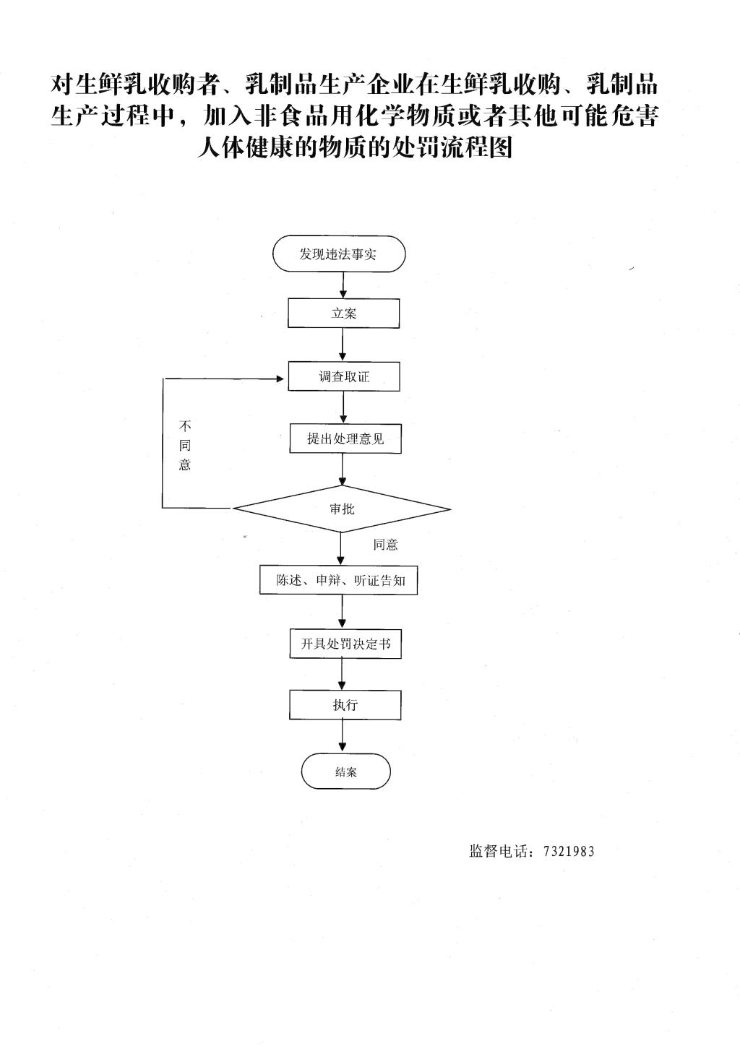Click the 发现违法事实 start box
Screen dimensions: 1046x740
pos(339,254)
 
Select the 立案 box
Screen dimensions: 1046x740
pos(343,314)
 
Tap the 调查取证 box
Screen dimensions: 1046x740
pos(344,376)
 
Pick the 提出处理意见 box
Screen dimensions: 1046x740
pos(345,438)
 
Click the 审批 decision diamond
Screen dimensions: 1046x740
pos(342,509)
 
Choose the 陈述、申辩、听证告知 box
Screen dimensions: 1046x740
pos(338,580)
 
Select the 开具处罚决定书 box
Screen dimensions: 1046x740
pos(345,644)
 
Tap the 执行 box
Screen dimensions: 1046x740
pos(345,705)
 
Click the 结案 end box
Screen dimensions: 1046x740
pos(345,771)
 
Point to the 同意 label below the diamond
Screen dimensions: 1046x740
pos(385,545)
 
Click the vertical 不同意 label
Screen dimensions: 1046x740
pos(185,445)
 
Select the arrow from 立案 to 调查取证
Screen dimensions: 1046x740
pos(343,345)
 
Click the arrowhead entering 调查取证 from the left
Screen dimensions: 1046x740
pos(283,379)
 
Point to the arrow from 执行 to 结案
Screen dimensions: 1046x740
pos(343,736)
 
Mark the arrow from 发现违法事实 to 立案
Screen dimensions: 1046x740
pos(343,285)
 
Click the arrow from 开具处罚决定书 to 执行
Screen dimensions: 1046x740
pos(343,674)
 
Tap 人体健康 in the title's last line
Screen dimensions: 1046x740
pos(245,147)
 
